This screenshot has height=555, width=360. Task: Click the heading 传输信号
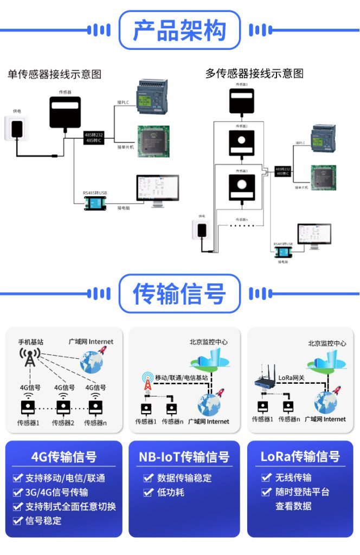pos(179,294)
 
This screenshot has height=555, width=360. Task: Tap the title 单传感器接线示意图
pos(54,74)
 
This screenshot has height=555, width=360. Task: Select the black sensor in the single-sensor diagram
pos(65,112)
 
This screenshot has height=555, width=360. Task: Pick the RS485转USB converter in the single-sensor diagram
pos(97,203)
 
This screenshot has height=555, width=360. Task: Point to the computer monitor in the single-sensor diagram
pos(157,190)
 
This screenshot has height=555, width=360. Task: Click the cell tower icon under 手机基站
pos(30,357)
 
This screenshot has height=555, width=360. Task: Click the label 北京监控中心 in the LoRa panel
pos(327,343)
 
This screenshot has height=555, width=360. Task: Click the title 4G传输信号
pos(64,457)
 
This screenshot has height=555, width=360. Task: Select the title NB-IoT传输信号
pos(184,457)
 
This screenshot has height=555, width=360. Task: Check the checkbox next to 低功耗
pos(148,492)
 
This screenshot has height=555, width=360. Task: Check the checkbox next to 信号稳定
pos(17,521)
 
